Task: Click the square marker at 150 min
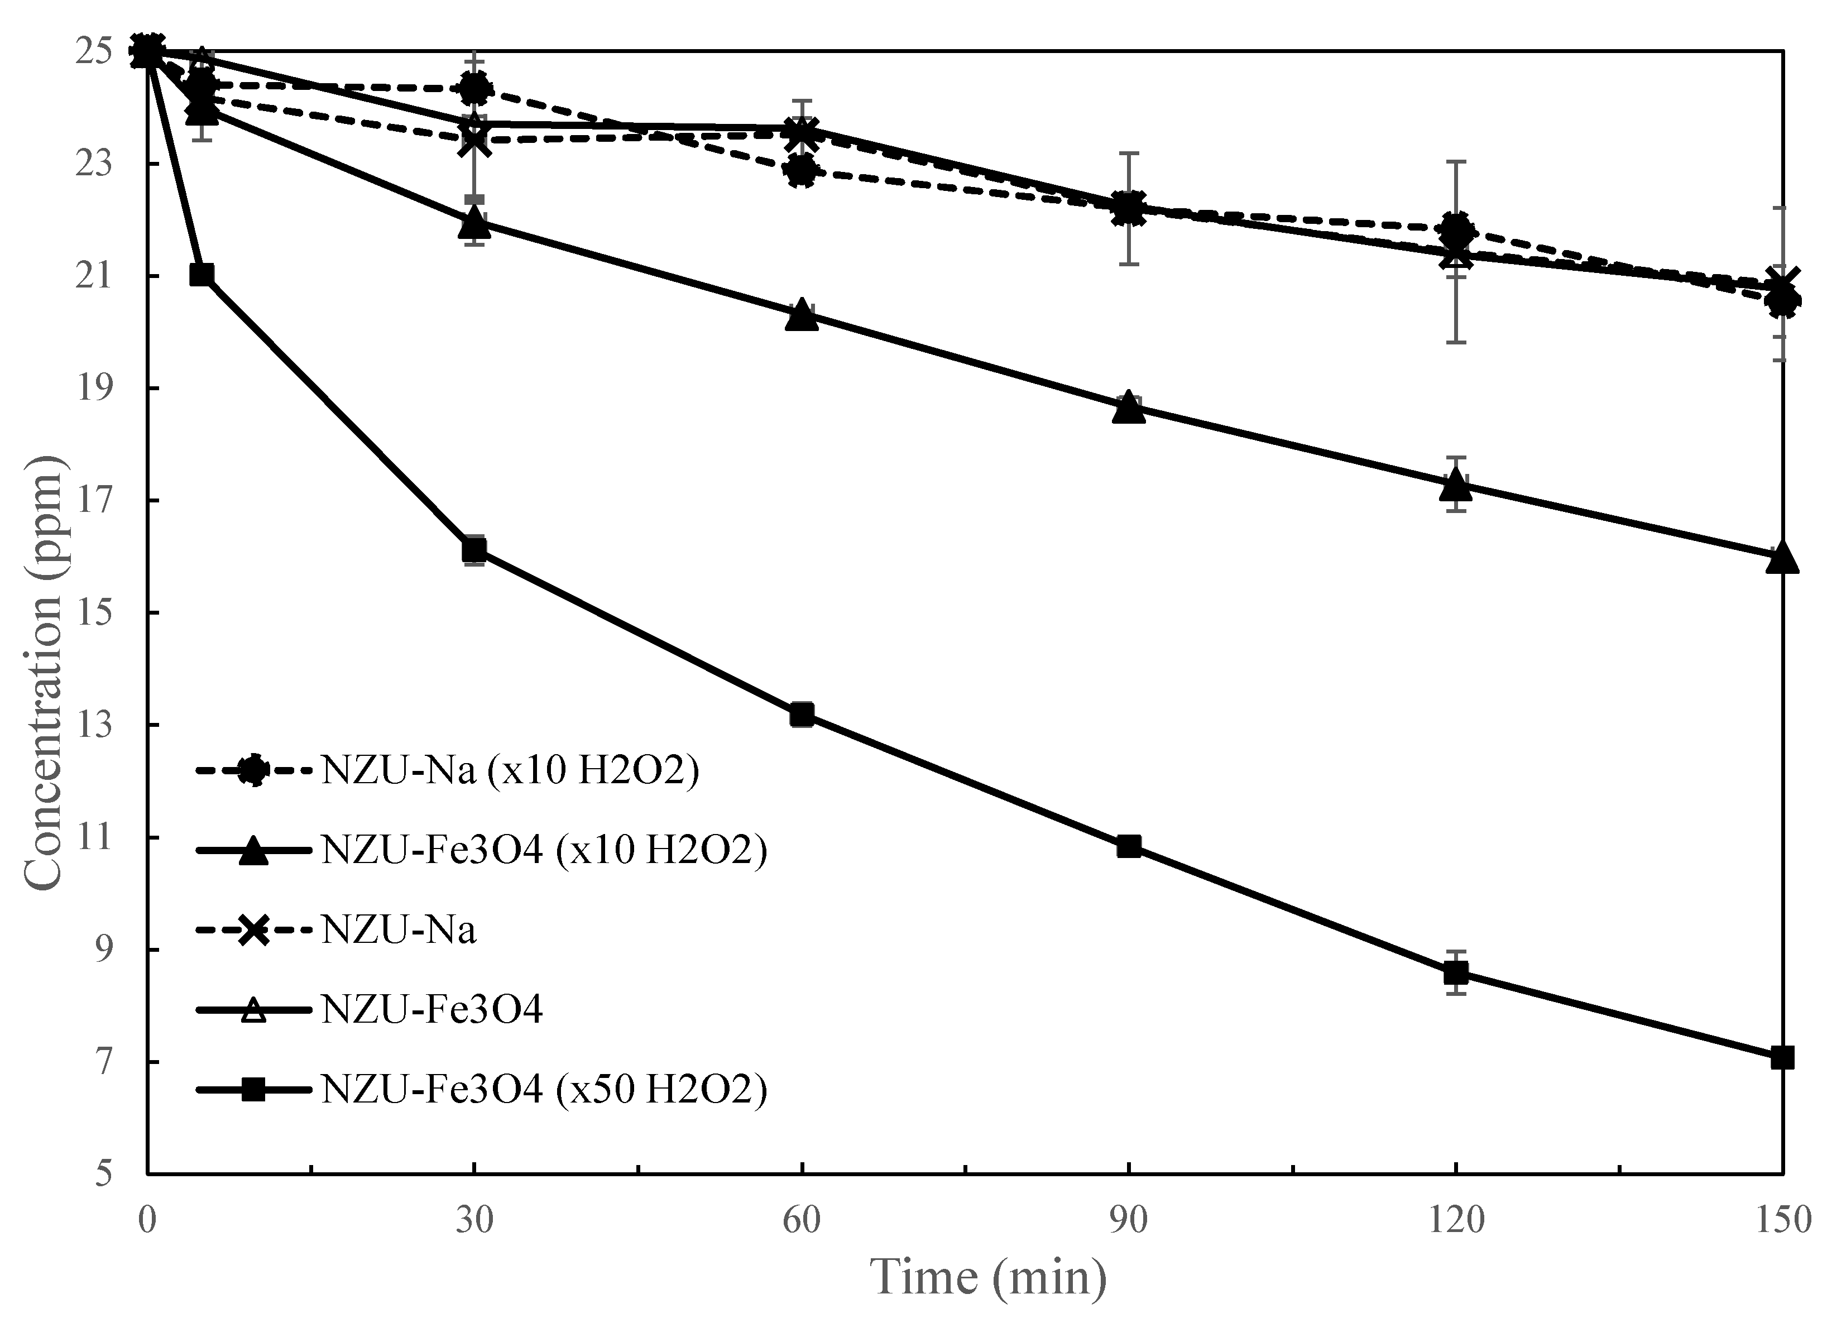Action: (x=1782, y=1057)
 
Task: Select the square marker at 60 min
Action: (x=802, y=715)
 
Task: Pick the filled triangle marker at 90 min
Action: (x=1129, y=409)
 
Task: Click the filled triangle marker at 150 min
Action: (x=1782, y=558)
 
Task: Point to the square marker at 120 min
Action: (x=1456, y=973)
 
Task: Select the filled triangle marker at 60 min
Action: (x=802, y=315)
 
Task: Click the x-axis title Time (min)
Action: (x=990, y=1278)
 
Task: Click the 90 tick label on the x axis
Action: (x=1129, y=1220)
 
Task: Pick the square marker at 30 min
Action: (x=474, y=549)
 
